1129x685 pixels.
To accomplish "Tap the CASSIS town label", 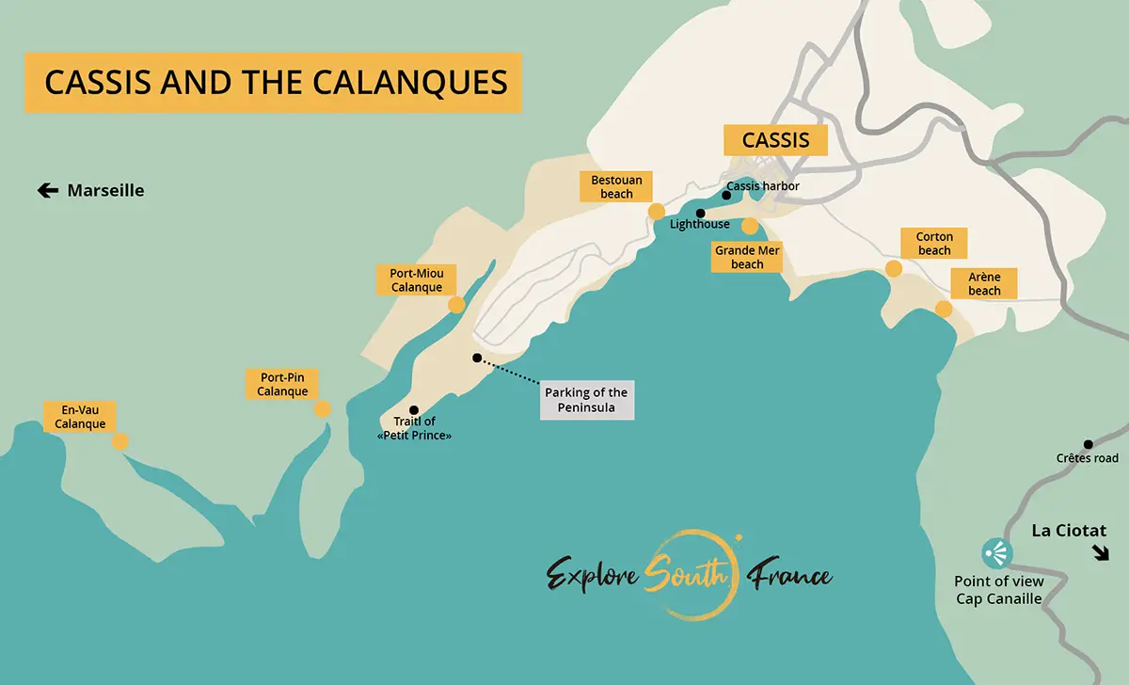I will pyautogui.click(x=775, y=140).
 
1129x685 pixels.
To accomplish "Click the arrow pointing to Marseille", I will pyautogui.click(x=48, y=191).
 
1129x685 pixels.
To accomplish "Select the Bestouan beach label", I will pyautogui.click(x=617, y=186).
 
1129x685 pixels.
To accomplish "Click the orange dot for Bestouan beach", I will pyautogui.click(x=657, y=212).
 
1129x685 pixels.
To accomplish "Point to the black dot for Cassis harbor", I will pyautogui.click(x=726, y=196).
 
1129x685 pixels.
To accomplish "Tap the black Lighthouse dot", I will pyautogui.click(x=700, y=214).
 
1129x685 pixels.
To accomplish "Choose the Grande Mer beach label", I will pyautogui.click(x=747, y=257).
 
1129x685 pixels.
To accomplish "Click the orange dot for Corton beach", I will pyautogui.click(x=894, y=269).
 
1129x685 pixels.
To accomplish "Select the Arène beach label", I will pyautogui.click(x=984, y=283).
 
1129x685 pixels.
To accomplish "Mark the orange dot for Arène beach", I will pyautogui.click(x=944, y=309).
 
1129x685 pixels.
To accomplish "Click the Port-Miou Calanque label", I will pyautogui.click(x=416, y=279).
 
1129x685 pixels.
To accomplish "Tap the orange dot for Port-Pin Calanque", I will pyautogui.click(x=322, y=409).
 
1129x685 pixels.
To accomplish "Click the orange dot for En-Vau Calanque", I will pyautogui.click(x=119, y=441).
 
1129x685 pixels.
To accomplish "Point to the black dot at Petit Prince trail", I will pyautogui.click(x=414, y=410).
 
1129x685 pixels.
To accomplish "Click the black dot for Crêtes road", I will pyautogui.click(x=1088, y=444).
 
